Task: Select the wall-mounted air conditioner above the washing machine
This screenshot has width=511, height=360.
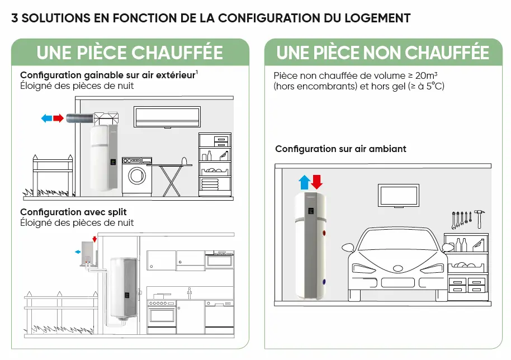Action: (x=167, y=117)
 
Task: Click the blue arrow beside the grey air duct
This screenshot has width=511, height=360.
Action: (x=47, y=119)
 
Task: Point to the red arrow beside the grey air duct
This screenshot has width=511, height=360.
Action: (x=59, y=119)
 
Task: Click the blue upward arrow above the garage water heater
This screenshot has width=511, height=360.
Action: (x=304, y=182)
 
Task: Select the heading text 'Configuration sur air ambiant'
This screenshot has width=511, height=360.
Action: (x=340, y=149)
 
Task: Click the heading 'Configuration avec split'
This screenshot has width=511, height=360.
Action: (x=73, y=212)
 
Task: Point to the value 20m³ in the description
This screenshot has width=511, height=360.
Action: (x=427, y=75)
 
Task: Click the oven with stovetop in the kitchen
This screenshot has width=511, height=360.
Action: (x=161, y=315)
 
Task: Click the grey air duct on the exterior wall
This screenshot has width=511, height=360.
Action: (x=78, y=119)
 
